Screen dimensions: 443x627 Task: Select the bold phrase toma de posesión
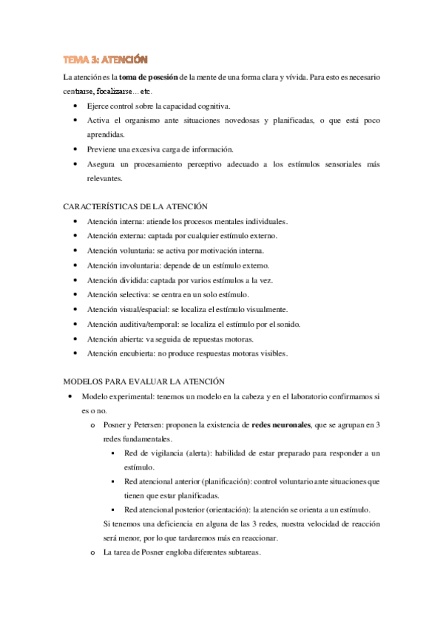(x=149, y=77)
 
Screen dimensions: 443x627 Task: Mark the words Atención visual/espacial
(x=126, y=308)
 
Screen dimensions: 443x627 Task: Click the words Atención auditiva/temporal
(x=131, y=323)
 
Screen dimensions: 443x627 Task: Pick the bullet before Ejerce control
(x=79, y=106)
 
